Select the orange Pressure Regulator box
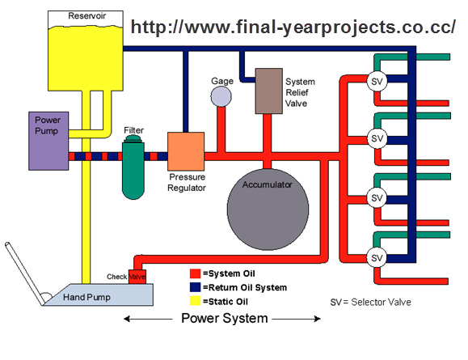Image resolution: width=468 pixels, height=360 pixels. (x=186, y=151)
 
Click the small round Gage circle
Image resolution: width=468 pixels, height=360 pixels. (x=221, y=96)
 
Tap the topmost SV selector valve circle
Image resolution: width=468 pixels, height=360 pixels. (x=376, y=81)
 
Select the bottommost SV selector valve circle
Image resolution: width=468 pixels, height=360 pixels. (x=376, y=257)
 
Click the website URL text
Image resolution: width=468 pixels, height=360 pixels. (x=293, y=27)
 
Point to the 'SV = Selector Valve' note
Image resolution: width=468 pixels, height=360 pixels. (x=371, y=302)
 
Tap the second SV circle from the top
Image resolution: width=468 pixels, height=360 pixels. (x=376, y=138)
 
